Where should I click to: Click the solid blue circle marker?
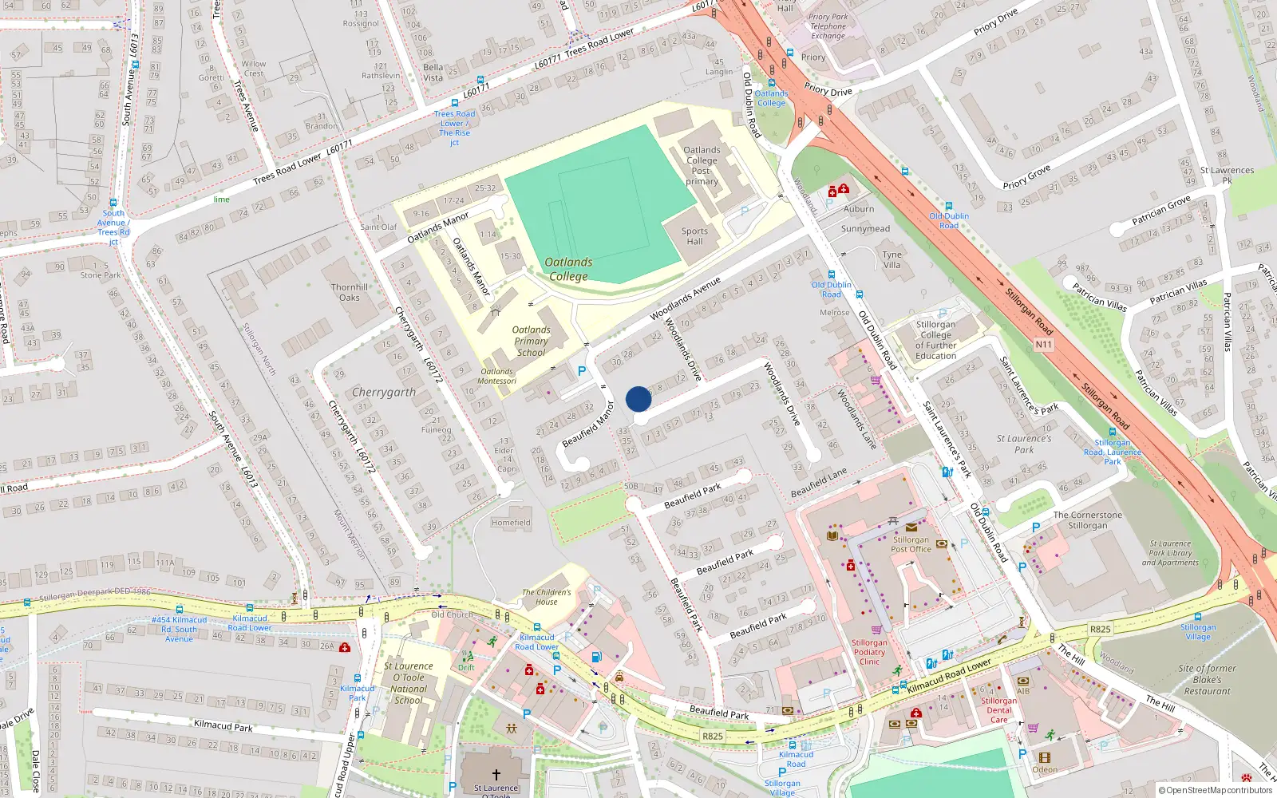click(x=638, y=398)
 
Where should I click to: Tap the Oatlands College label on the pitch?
click(x=568, y=270)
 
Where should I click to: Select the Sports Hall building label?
click(x=694, y=236)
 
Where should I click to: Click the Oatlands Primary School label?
click(x=531, y=341)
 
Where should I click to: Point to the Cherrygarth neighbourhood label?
click(x=384, y=393)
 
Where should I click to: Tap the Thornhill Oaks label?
click(x=350, y=292)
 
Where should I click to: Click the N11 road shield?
click(x=1043, y=345)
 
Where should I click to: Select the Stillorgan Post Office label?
click(x=911, y=544)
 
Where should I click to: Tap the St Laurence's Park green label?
click(x=1024, y=444)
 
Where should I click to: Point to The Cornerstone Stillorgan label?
click(x=1087, y=520)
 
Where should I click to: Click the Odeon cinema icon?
click(x=1044, y=758)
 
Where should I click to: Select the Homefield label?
click(x=511, y=523)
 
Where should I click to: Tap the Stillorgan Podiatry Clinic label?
click(x=869, y=652)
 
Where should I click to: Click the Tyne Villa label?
click(x=892, y=260)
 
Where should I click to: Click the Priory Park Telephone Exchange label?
click(x=828, y=26)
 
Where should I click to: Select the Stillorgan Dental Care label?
click(x=998, y=710)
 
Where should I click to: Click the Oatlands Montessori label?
click(x=497, y=376)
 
